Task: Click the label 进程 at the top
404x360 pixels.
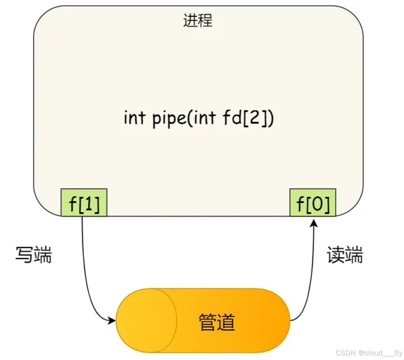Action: (198, 21)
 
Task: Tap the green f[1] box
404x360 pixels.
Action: (84, 203)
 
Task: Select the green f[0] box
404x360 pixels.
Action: (313, 203)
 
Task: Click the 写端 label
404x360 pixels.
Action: (34, 255)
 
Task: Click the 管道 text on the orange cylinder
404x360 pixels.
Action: (217, 322)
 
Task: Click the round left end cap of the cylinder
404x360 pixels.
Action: (146, 321)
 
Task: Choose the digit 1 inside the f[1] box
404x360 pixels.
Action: (90, 203)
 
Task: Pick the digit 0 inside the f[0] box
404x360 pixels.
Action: (318, 203)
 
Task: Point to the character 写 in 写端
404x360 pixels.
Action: (25, 255)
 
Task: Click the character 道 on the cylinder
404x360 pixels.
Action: (226, 322)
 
